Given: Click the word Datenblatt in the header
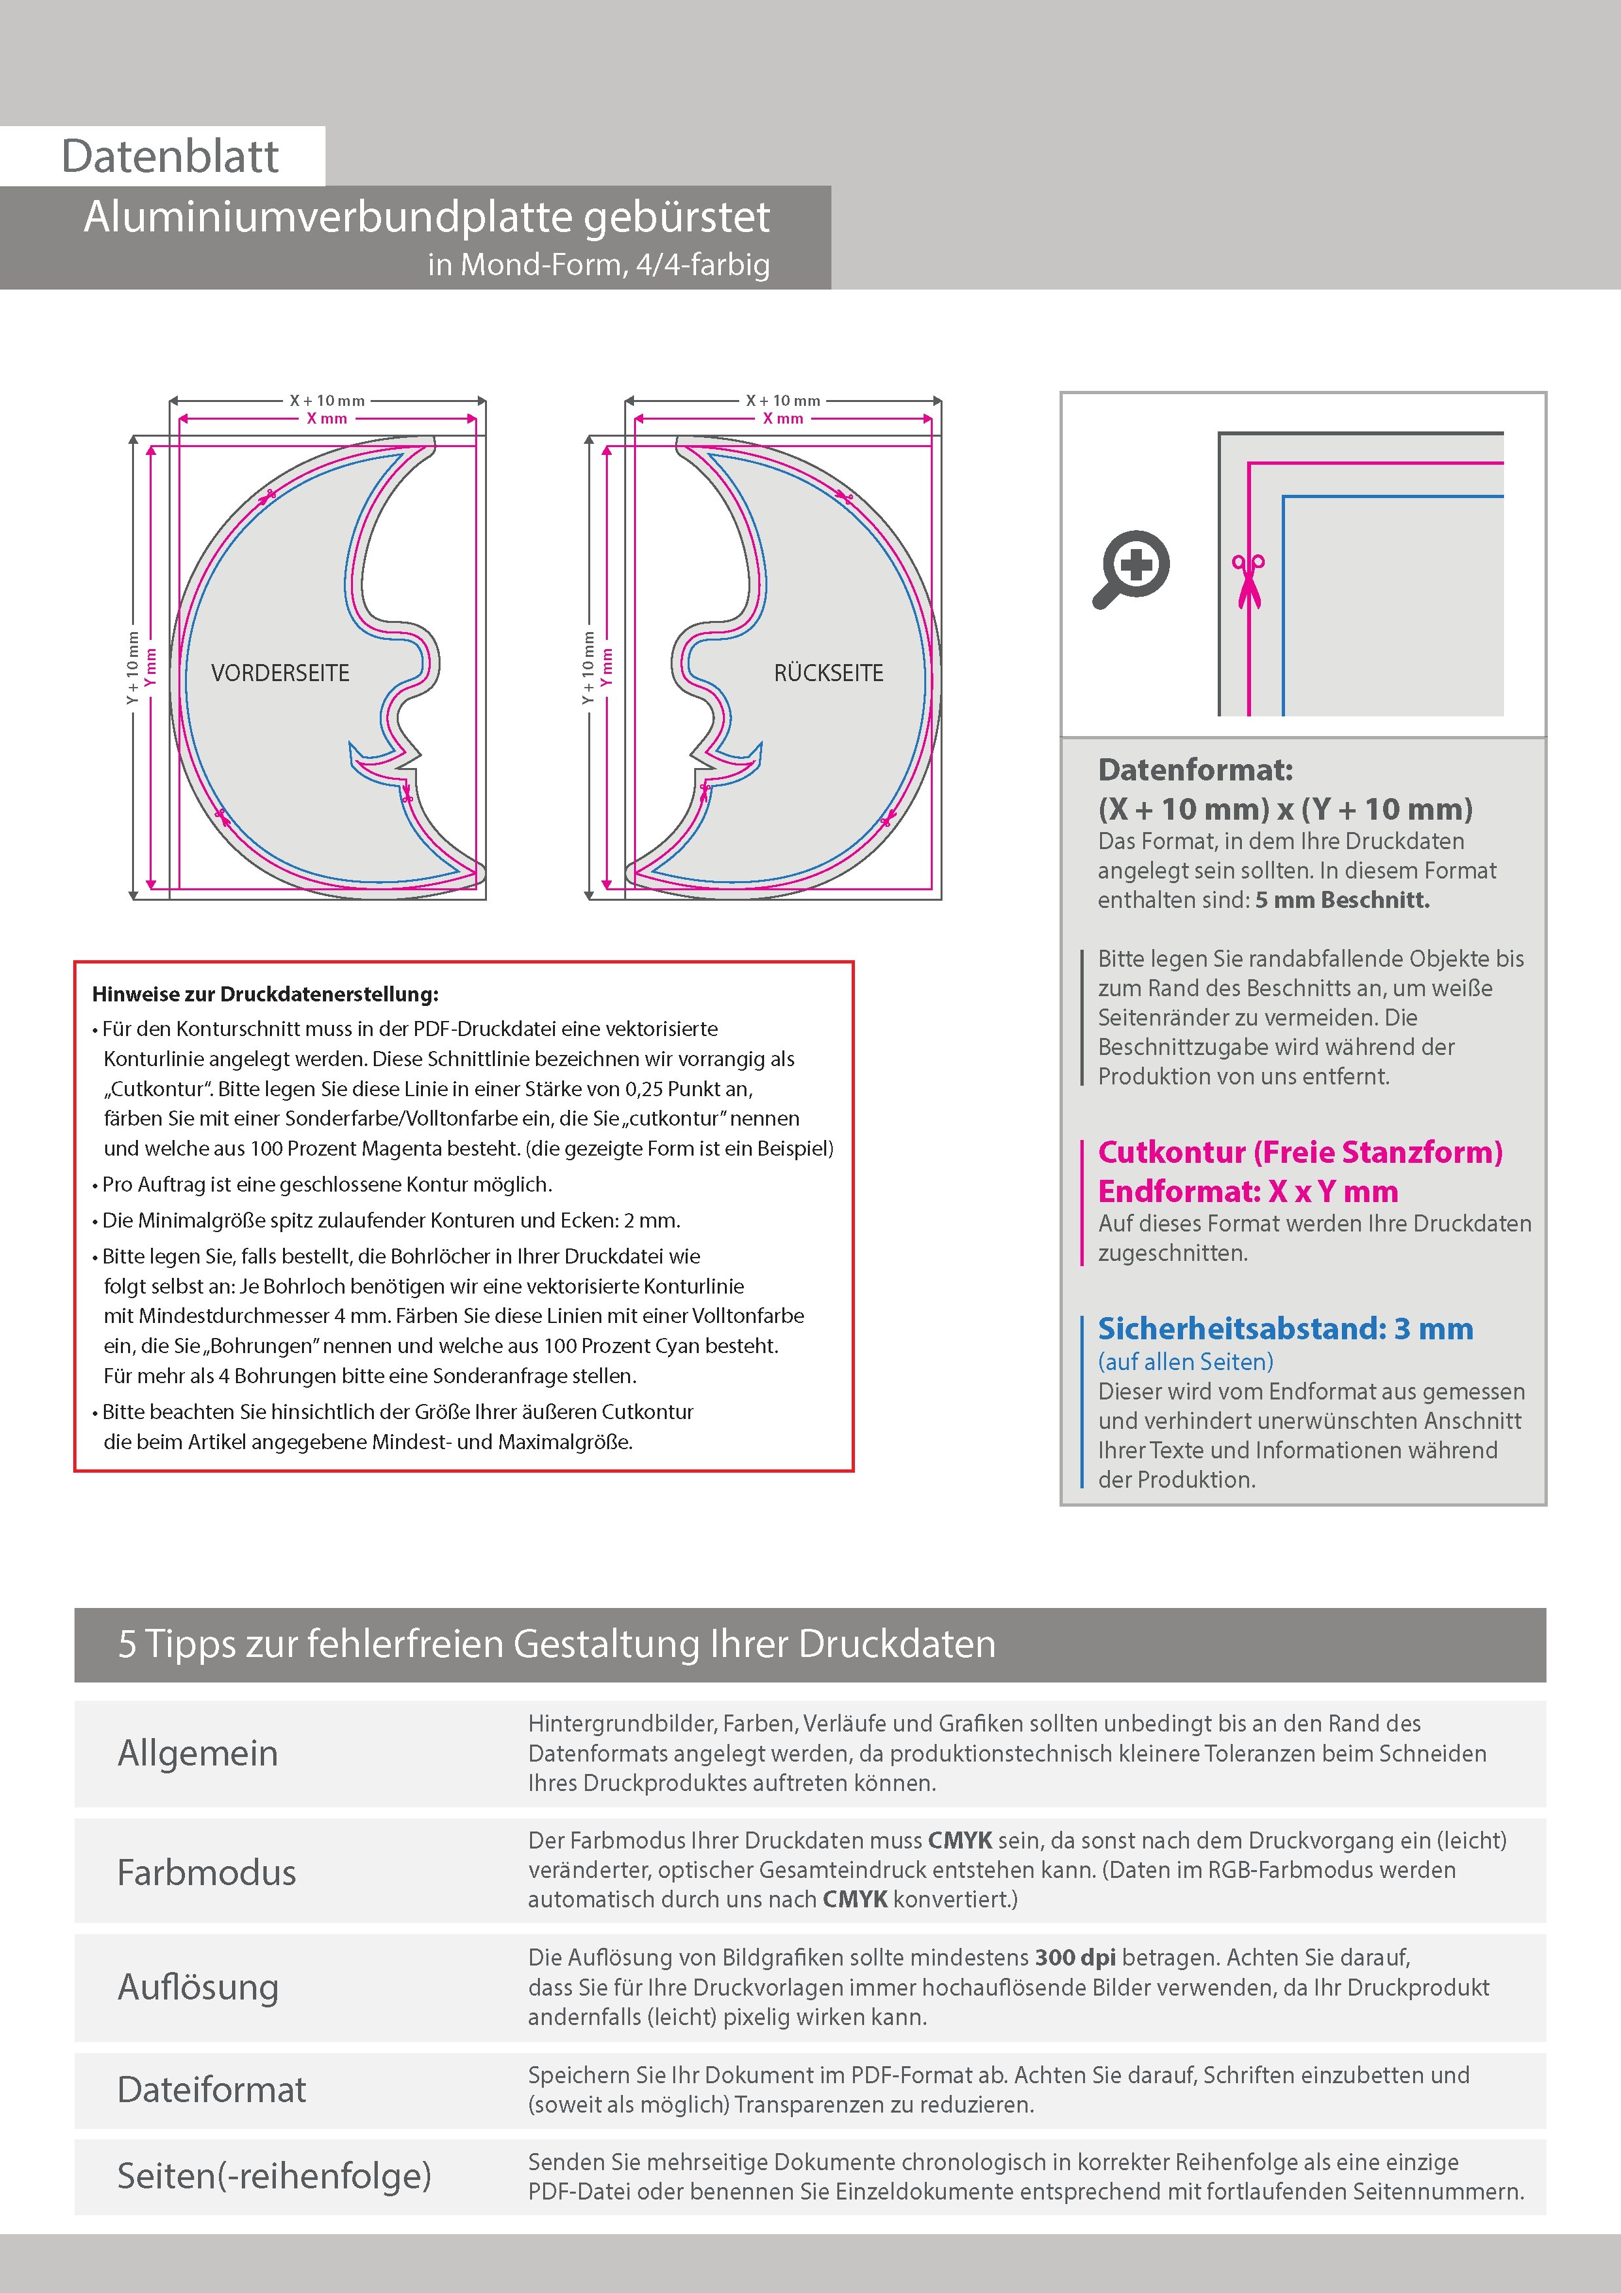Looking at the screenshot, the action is tap(170, 156).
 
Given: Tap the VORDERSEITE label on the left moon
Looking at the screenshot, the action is tap(280, 673).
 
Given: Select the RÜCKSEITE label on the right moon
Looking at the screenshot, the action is tap(829, 673).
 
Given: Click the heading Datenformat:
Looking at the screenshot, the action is tap(1195, 770).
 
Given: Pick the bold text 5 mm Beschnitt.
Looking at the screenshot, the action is tap(1343, 900).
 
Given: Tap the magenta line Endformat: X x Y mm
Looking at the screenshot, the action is tap(1248, 1192).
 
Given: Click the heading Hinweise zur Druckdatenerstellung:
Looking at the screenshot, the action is tap(265, 995).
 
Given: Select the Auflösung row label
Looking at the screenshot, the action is tap(198, 1987).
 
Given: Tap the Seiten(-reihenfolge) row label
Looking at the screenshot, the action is tap(275, 2175).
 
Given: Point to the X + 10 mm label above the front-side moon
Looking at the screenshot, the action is tap(327, 401).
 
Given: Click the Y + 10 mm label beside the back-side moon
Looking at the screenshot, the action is tap(588, 667).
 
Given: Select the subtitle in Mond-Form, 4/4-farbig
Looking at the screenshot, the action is tap(599, 265).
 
